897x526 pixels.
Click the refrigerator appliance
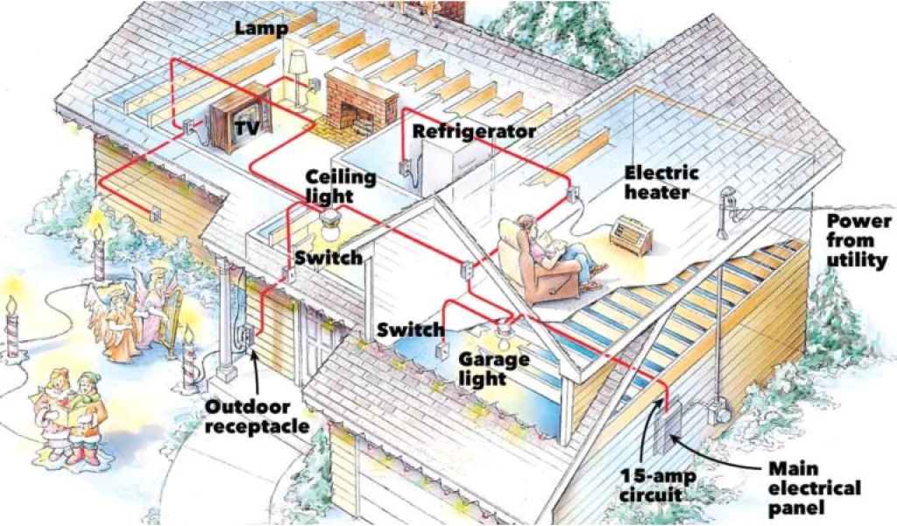(449, 167)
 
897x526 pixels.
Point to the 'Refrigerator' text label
(474, 131)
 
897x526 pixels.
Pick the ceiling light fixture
(332, 224)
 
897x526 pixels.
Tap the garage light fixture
(505, 332)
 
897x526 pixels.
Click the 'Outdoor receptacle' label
(258, 416)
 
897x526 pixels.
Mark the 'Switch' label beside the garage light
(410, 331)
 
